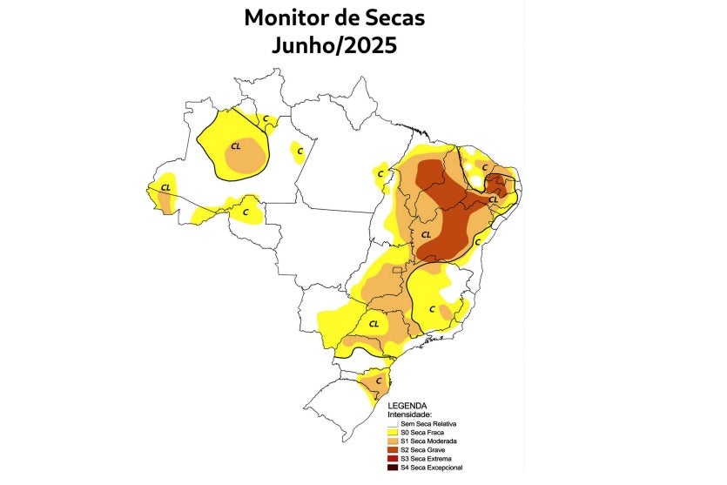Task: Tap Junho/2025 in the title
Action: coord(334,45)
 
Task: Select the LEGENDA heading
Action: coord(407,406)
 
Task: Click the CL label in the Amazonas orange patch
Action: coord(235,146)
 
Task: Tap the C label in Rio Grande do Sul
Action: coord(379,381)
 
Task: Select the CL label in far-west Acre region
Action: coord(165,186)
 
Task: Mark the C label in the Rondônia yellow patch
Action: coord(246,211)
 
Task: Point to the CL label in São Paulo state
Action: coord(374,324)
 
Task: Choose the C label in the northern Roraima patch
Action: coord(266,117)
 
